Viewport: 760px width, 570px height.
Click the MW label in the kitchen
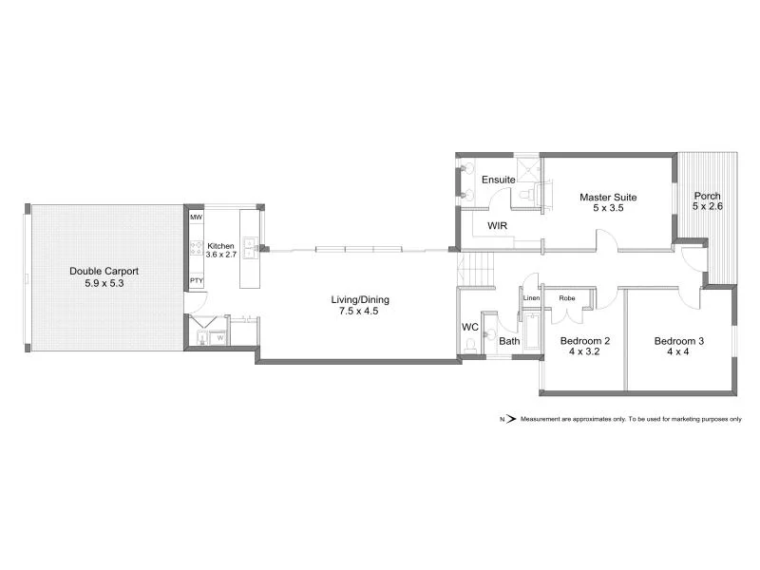[x=197, y=218]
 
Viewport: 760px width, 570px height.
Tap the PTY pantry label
[x=197, y=280]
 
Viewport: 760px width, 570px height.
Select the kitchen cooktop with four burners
[x=197, y=249]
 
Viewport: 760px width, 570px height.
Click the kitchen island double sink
[x=250, y=249]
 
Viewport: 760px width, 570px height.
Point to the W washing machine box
[x=219, y=336]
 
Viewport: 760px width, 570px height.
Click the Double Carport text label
[x=104, y=271]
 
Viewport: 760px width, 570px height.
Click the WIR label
[x=497, y=226]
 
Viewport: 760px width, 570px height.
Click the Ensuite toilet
[x=525, y=195]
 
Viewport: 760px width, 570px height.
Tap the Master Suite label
[x=608, y=198]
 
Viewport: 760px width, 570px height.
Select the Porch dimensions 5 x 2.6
[x=707, y=206]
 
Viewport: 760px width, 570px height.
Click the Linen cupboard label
[x=531, y=298]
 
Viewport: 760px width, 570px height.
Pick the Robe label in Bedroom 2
[x=567, y=298]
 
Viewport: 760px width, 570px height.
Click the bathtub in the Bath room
[x=531, y=328]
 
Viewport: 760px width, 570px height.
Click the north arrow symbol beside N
[x=509, y=418]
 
